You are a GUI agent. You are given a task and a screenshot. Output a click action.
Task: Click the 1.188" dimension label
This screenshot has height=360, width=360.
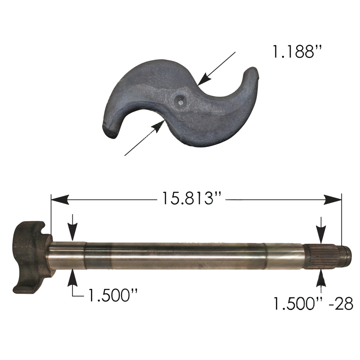(297, 51)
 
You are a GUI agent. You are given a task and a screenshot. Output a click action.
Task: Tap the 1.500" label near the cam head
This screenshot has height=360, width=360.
(113, 295)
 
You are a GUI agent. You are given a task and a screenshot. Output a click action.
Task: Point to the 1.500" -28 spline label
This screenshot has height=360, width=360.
(313, 303)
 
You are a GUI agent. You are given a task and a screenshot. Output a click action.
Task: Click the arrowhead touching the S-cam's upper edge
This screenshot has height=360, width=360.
(204, 79)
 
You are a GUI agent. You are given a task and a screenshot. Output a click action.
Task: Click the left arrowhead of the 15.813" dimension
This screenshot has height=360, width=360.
(60, 200)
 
